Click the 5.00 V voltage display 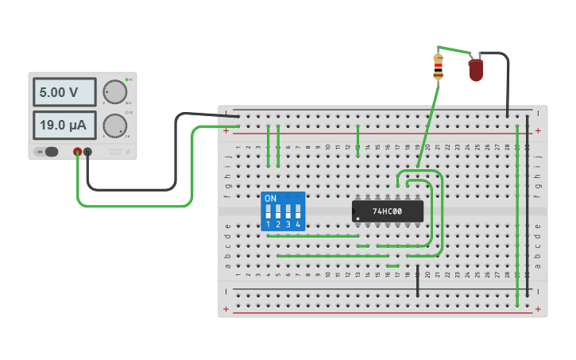coord(64,92)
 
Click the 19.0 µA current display coord(64,125)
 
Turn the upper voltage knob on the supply coord(115,92)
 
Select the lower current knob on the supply coord(115,125)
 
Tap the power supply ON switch coord(49,152)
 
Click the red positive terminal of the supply coord(77,152)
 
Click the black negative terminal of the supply coord(88,152)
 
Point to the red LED coord(475,70)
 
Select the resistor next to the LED coord(438,67)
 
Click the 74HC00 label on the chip coord(388,211)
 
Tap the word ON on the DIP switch coord(270,198)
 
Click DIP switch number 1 coord(269,213)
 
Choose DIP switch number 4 coord(298,213)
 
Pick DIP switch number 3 coord(288,213)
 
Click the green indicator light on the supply coord(126,79)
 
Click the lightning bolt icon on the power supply coord(128,151)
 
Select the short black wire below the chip coord(417,282)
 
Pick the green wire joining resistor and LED coord(454,51)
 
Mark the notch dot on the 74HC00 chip coord(358,218)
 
